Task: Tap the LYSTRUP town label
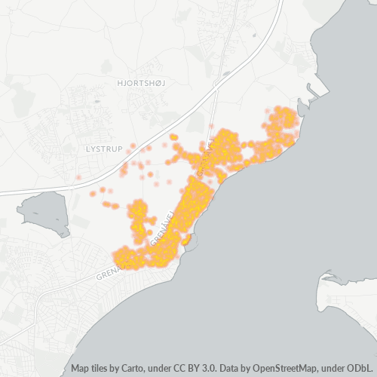point(104,149)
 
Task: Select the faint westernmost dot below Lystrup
point(78,178)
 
